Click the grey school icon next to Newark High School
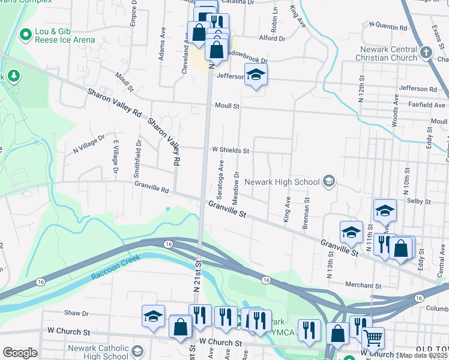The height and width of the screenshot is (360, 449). point(328,181)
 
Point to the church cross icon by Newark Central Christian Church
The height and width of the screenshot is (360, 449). point(426,53)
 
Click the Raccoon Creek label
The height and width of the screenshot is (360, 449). point(115,268)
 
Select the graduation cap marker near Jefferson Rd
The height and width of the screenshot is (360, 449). point(256,75)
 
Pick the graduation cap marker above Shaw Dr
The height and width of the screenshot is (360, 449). point(154,316)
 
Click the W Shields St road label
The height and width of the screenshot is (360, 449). point(230,151)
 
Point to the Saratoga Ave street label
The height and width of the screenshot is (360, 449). point(221,176)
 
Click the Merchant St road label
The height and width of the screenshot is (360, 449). point(363,286)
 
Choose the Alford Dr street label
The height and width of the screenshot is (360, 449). point(272,38)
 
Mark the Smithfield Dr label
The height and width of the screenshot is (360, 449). point(139,154)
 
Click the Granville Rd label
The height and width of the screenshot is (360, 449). point(152,188)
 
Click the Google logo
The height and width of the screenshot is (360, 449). point(20,353)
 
